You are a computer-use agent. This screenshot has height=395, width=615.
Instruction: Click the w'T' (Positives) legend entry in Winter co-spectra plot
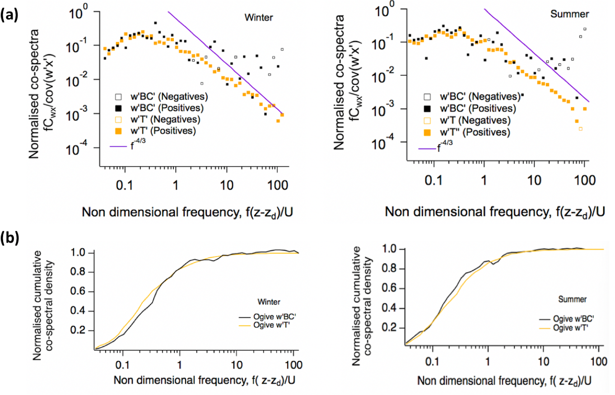(x=157, y=131)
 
